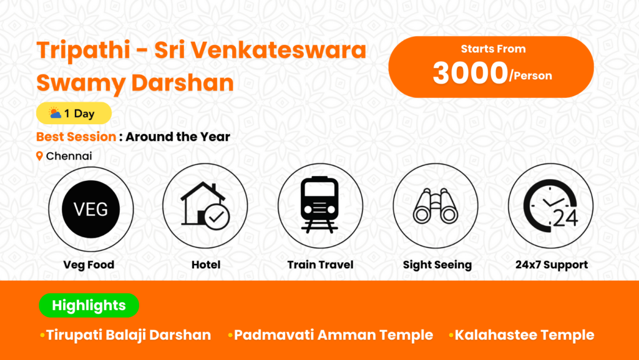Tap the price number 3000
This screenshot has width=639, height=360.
470,73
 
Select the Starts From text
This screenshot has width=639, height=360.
493,49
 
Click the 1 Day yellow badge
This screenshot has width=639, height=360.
74,113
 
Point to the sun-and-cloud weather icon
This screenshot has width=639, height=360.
55,113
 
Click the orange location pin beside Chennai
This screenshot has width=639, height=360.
39,156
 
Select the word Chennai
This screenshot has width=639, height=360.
69,156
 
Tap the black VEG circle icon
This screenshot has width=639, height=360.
91,209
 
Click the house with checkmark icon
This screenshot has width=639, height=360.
205,206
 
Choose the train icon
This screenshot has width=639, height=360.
320,205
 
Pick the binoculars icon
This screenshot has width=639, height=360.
436,206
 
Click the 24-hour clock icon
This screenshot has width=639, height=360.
550,206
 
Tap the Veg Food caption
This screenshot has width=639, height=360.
89,265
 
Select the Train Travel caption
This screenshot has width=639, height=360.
320,265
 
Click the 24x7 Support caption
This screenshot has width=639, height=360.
552,265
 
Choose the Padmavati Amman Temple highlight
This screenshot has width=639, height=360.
333,335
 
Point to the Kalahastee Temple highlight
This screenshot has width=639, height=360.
524,335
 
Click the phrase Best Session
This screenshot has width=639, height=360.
76,137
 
